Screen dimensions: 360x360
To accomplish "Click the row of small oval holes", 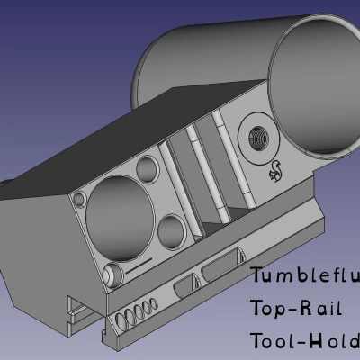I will [130, 314].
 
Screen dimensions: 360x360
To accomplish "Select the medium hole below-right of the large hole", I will [172, 231].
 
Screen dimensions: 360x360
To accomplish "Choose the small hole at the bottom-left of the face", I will [111, 273].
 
